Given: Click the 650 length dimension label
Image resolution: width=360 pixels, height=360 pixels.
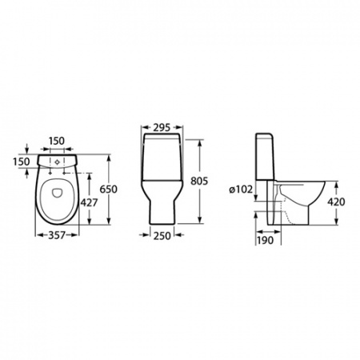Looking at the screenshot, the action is (109, 189).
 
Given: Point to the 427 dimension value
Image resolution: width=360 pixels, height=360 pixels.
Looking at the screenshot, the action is (89, 202).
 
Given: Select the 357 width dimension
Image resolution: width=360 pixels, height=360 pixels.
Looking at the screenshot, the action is (57, 235).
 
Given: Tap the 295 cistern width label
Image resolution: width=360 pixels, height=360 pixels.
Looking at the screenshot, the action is (162, 128).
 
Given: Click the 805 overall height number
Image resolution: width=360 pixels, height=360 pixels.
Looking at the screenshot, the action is (199, 181).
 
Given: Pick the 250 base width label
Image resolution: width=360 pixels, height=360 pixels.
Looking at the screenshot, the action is (162, 235).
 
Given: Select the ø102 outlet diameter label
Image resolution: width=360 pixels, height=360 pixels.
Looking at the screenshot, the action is (241, 190).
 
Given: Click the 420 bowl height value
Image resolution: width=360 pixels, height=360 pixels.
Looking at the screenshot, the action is (336, 202).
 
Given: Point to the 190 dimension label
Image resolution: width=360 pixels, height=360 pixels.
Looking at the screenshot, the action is (265, 240).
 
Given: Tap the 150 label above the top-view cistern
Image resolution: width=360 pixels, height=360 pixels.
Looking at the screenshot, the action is (56, 141).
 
